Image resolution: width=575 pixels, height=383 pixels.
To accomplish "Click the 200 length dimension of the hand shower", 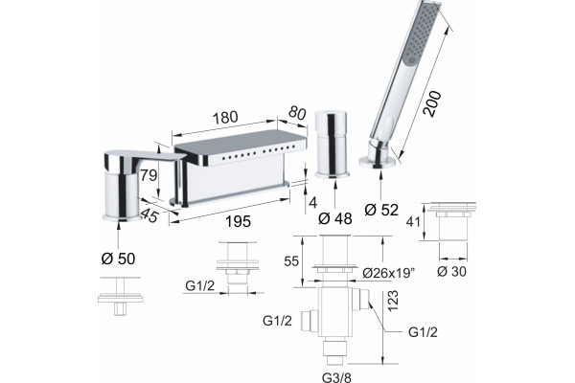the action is pyautogui.click(x=432, y=103).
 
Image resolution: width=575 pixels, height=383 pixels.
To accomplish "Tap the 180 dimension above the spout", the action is pyautogui.click(x=225, y=117).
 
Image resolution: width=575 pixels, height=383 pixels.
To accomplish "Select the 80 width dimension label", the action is pyautogui.click(x=297, y=113).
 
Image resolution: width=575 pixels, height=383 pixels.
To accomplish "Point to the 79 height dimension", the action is pyautogui.click(x=149, y=175).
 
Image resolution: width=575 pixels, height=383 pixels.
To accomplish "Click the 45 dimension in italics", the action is pyautogui.click(x=149, y=215).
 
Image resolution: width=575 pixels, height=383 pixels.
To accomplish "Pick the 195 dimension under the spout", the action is pyautogui.click(x=238, y=221).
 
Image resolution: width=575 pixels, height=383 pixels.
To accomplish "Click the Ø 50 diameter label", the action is pyautogui.click(x=119, y=259).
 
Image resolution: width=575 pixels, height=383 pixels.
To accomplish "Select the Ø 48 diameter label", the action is pyautogui.click(x=335, y=219).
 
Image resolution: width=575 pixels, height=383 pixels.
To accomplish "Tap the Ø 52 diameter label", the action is pyautogui.click(x=381, y=210).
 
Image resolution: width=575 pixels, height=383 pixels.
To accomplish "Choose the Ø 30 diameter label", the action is pyautogui.click(x=451, y=272).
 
